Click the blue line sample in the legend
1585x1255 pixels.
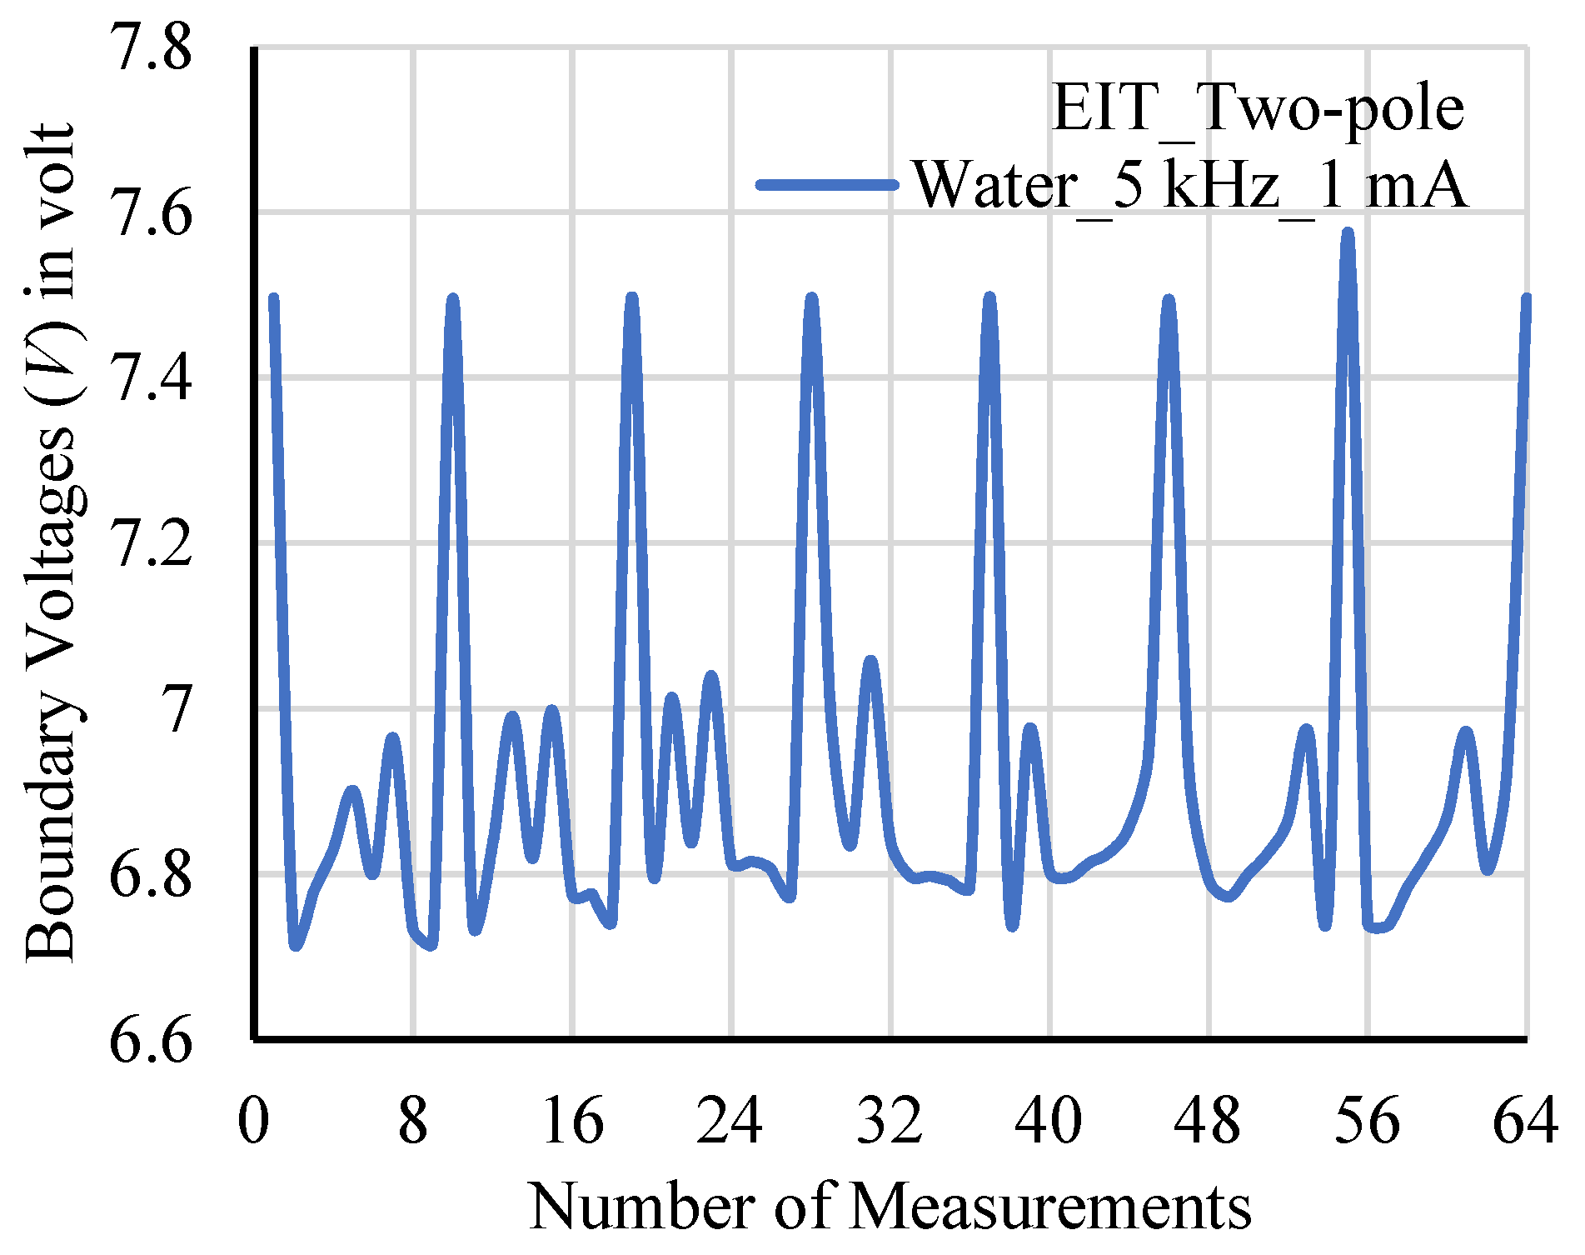(827, 184)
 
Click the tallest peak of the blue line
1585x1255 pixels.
(1348, 232)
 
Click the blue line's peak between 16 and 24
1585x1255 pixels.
(632, 297)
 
